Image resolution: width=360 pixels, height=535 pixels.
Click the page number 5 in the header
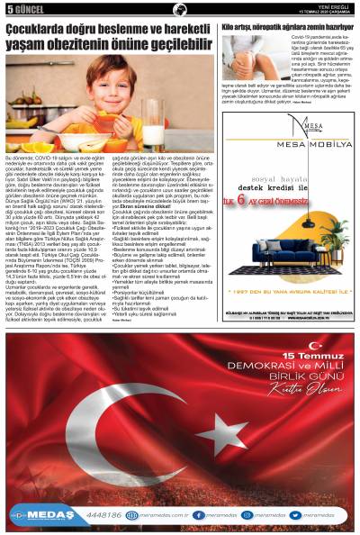[9, 9]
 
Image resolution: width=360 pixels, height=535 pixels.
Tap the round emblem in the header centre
[180, 9]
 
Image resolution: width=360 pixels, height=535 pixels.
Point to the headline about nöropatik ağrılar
[288, 27]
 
